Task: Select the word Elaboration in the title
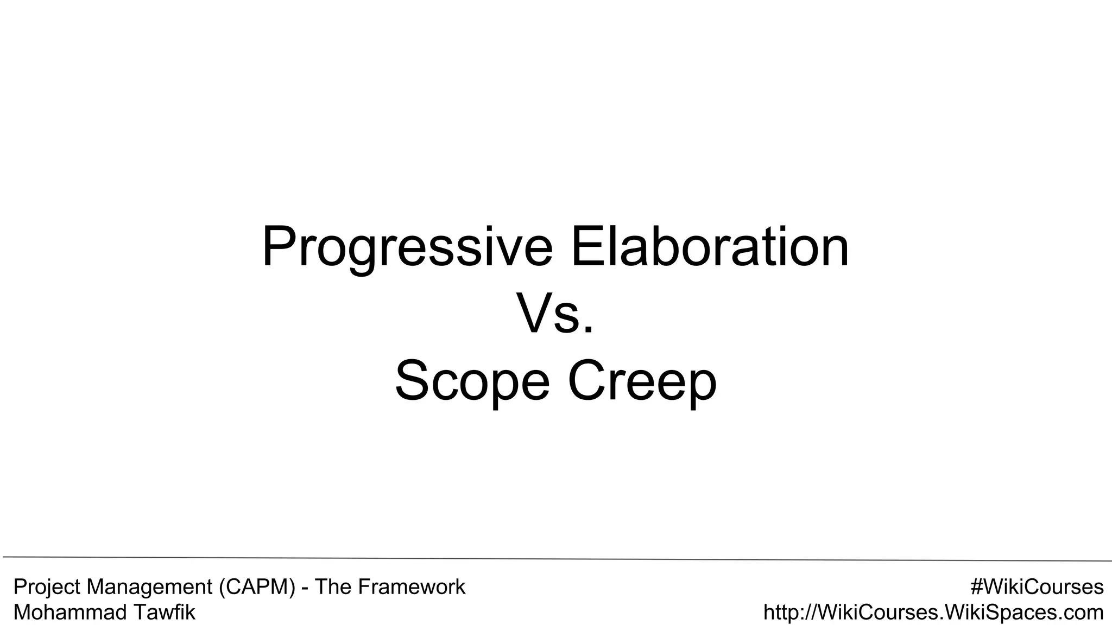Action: (x=710, y=247)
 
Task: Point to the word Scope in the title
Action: (x=472, y=382)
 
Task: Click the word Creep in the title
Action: (x=642, y=382)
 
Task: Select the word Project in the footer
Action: (x=47, y=588)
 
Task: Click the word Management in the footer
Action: (x=150, y=588)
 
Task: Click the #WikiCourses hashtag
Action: (x=1037, y=587)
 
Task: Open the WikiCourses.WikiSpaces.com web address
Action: (x=933, y=613)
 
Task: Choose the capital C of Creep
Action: (x=586, y=381)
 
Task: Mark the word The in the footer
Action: (x=332, y=587)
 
